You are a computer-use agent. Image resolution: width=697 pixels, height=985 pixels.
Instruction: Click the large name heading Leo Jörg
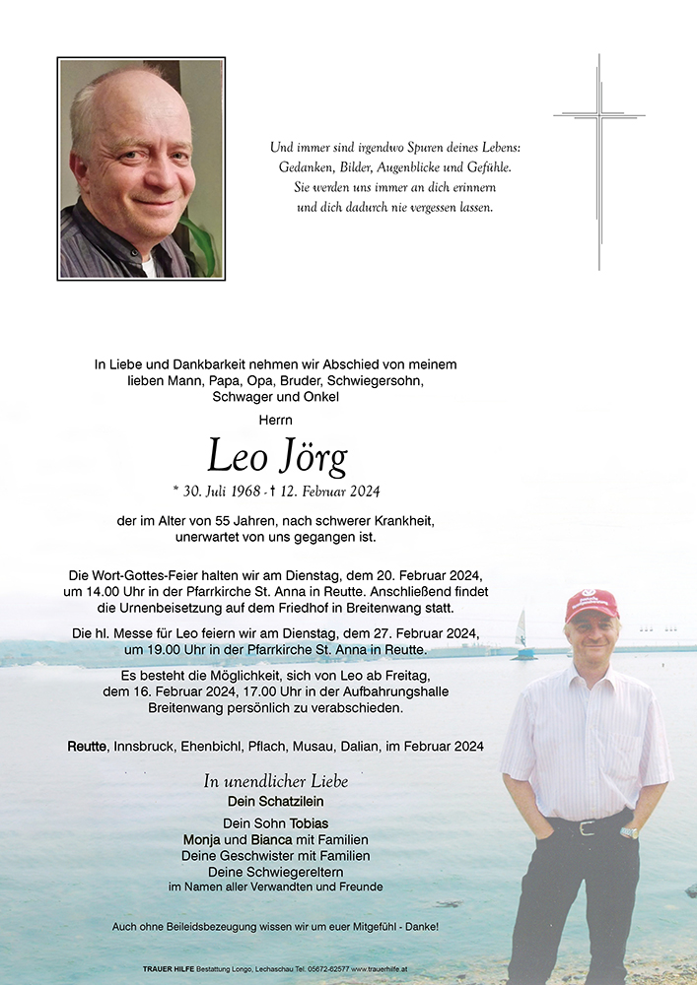(x=277, y=456)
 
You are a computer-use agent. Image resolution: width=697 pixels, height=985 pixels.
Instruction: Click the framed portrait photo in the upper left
(x=141, y=168)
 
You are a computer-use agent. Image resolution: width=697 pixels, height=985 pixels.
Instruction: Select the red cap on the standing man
(x=591, y=603)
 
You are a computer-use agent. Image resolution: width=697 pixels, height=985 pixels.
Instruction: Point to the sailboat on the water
(x=522, y=634)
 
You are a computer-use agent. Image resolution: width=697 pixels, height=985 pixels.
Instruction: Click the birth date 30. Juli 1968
(x=217, y=492)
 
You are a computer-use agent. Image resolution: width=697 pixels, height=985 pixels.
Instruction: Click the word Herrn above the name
(x=276, y=420)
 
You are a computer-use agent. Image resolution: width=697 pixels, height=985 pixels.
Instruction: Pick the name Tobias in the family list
(x=309, y=823)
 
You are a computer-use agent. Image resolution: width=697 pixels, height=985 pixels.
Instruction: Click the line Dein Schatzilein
(x=276, y=801)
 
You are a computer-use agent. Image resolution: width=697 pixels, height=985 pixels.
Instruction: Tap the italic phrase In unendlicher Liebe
(x=276, y=781)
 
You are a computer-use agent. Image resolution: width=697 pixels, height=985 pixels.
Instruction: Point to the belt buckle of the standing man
(x=588, y=827)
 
